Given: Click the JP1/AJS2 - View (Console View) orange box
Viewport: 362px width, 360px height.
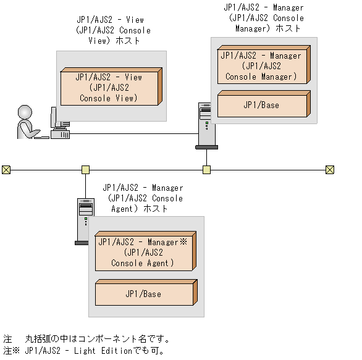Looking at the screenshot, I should click(x=109, y=88).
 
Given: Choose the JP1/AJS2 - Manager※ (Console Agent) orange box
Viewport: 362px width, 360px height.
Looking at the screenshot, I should click(x=143, y=253).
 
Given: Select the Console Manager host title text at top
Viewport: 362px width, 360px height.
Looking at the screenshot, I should click(x=264, y=18).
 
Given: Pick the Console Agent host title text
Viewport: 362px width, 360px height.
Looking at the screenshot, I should click(x=142, y=198).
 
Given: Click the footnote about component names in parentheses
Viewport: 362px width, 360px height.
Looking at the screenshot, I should click(x=86, y=339).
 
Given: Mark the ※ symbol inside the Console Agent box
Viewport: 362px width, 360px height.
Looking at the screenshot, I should click(x=183, y=243).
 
